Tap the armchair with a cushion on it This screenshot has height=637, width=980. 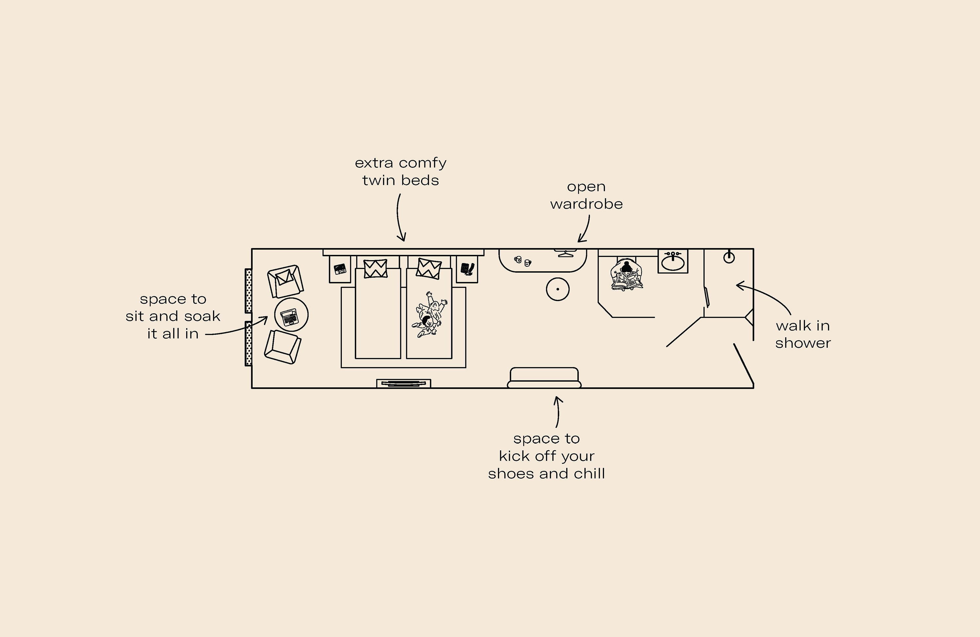(285, 281)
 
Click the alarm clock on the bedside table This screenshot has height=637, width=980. (340, 269)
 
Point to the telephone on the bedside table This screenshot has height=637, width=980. (467, 269)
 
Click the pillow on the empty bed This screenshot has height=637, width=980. (375, 268)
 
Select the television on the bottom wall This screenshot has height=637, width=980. (404, 383)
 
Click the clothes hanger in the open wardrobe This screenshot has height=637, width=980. (566, 253)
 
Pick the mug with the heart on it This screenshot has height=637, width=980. (528, 263)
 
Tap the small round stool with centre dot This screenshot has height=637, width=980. (557, 289)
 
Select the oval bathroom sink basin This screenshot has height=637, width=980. (673, 262)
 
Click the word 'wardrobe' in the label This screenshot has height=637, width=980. (586, 204)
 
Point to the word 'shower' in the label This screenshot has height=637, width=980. (803, 343)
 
